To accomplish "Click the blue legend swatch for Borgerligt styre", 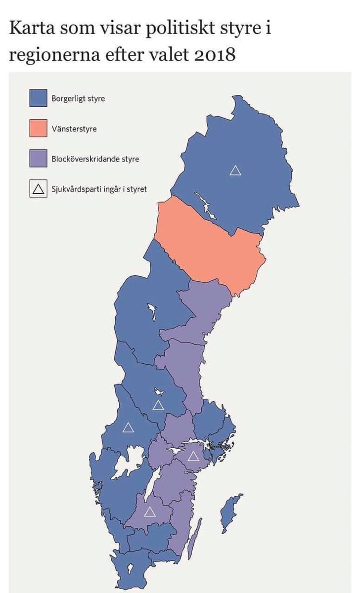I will tap(39, 98).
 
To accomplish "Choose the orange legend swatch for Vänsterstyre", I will tap(39, 128).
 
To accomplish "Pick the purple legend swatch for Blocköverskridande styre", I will tap(39, 159).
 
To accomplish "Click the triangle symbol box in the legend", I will tap(39, 189).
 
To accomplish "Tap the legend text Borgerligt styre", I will tap(78, 98).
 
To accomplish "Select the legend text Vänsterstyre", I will tap(74, 129).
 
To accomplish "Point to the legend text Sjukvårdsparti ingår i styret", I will tap(99, 189).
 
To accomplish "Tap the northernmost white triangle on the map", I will tap(235, 170).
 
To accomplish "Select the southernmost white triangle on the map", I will tap(150, 512).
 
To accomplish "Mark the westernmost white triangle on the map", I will tap(128, 427).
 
